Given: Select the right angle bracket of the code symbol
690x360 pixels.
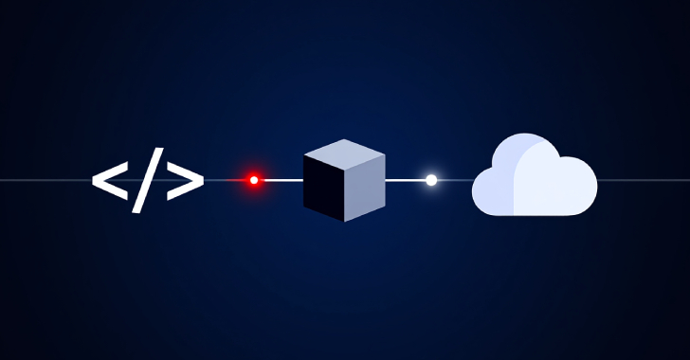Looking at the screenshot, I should pos(185,180).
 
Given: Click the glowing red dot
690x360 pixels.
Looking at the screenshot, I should pos(253,180).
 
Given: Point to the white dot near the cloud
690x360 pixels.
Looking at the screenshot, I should pos(431,180).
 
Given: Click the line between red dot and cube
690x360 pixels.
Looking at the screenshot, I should pos(281,180).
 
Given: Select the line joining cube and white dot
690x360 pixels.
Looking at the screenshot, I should pos(406,180).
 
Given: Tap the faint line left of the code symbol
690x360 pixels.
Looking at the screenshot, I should pos(43,180).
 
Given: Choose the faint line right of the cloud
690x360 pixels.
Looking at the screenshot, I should pos(645,180).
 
